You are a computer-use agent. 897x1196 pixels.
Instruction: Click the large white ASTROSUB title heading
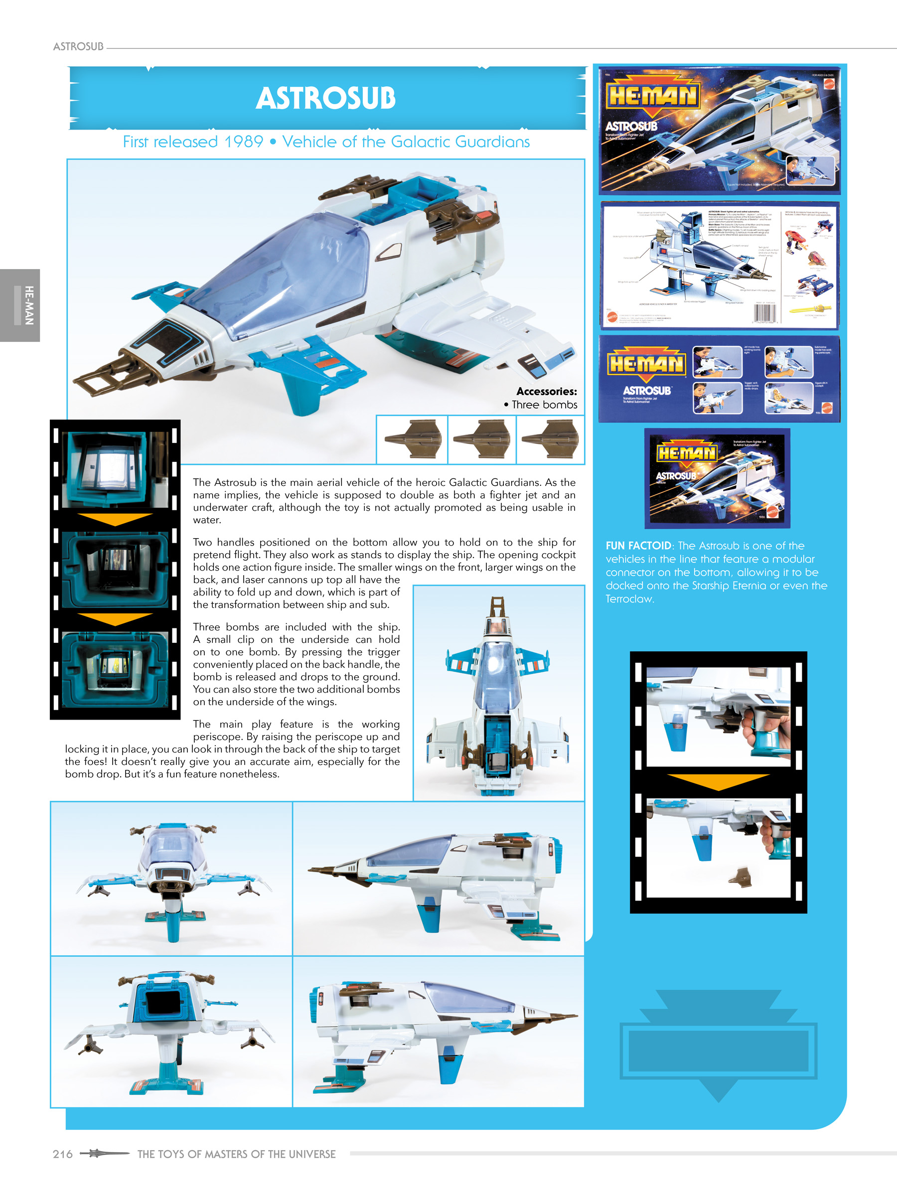[x=325, y=98]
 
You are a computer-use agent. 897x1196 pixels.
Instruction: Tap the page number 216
[x=63, y=1154]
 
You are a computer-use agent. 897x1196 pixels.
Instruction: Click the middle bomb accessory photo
[x=482, y=440]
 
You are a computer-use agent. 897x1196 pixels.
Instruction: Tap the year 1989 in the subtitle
[x=243, y=142]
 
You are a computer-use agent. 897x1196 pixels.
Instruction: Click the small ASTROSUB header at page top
[x=78, y=46]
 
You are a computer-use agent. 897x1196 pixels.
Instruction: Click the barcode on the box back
[x=764, y=313]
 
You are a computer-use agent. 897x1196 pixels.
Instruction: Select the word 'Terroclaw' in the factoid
[x=629, y=599]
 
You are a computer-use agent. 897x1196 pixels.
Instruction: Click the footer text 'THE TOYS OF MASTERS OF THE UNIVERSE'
[x=236, y=1154]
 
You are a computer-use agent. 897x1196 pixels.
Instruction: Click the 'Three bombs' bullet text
[x=544, y=405]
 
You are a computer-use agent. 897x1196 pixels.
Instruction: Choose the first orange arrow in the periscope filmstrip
[x=115, y=519]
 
